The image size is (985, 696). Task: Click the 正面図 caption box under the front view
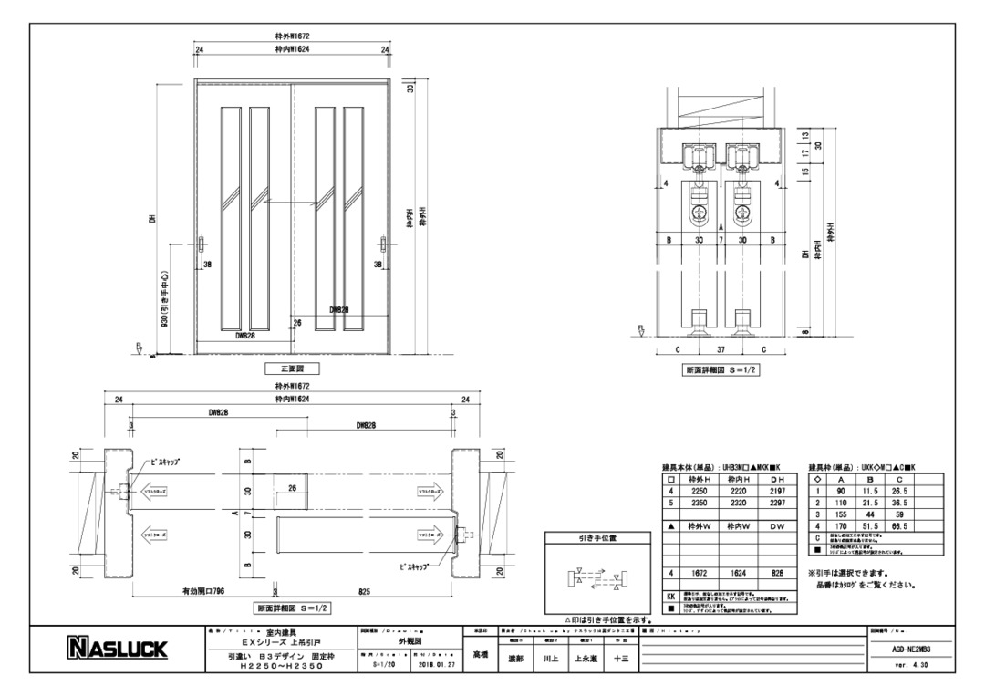pyautogui.click(x=292, y=369)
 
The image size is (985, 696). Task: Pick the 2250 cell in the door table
pyautogui.click(x=699, y=490)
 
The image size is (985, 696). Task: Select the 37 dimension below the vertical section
pyautogui.click(x=721, y=349)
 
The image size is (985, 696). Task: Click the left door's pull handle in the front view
pyautogui.click(x=202, y=246)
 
